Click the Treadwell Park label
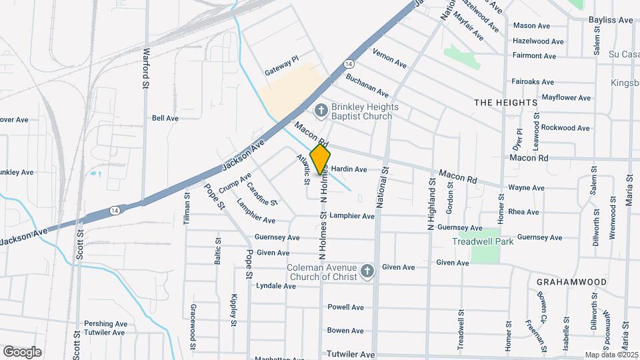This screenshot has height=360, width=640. (485, 241)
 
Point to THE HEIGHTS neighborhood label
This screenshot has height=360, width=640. (505, 103)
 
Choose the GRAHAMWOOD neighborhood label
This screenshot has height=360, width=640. (571, 282)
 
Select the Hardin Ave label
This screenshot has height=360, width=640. (349, 169)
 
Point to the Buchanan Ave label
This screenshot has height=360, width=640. (367, 86)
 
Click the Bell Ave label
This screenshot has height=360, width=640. (165, 118)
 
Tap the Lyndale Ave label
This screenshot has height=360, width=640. (275, 286)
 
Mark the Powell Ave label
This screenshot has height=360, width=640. (345, 307)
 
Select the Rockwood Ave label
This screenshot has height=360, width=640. (565, 127)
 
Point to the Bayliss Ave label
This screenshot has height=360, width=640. (611, 20)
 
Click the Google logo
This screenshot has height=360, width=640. (22, 351)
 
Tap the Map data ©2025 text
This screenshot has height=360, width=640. (611, 355)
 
